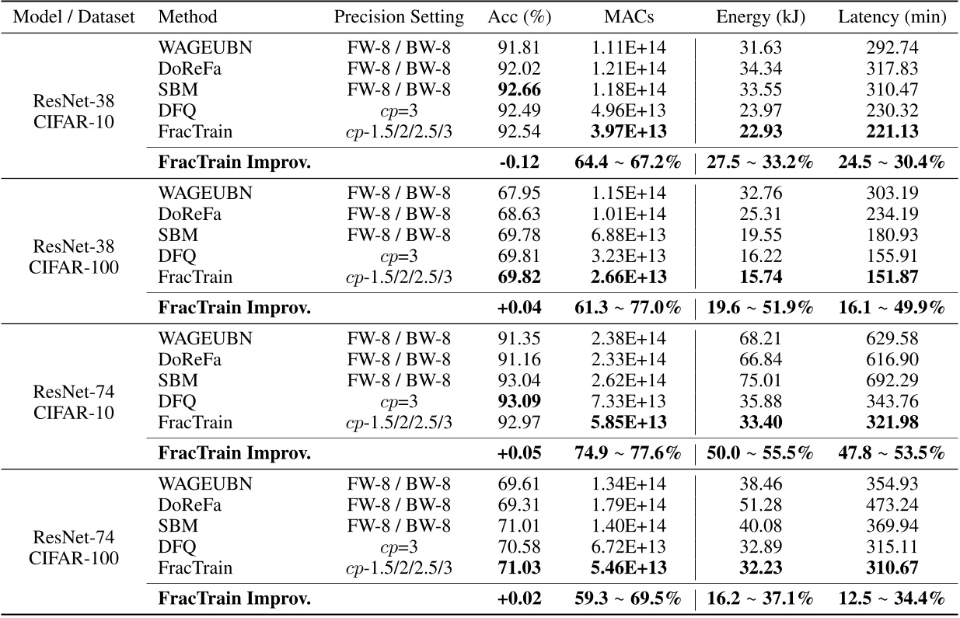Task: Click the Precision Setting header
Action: [399, 17]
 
